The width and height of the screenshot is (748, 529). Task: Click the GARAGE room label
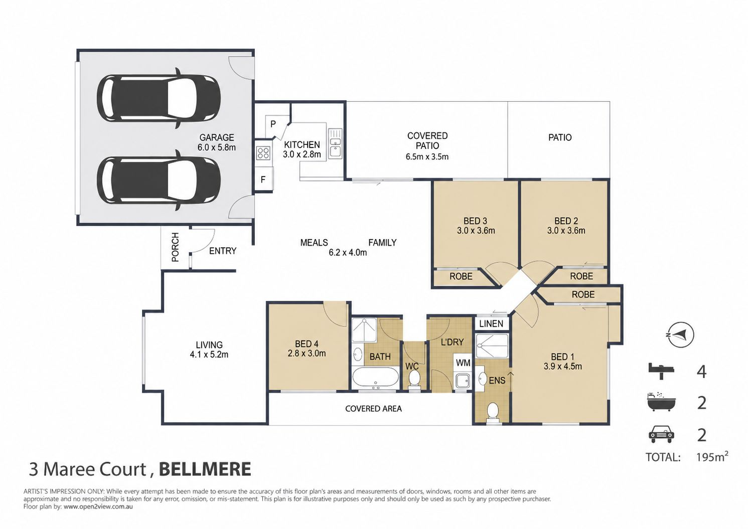point(217,137)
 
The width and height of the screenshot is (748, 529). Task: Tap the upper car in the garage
point(159,98)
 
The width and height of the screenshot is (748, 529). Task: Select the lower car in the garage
point(159,180)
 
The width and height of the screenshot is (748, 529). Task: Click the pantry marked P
point(273,124)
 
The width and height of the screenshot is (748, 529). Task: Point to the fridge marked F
point(263,180)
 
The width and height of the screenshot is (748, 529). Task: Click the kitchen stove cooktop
point(263,153)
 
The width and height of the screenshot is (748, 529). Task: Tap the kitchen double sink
point(335,143)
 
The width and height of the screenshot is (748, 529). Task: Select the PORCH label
point(175,247)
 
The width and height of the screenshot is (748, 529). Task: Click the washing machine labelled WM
point(463,363)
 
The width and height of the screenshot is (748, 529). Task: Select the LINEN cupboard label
point(491,323)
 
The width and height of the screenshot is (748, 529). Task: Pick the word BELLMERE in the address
point(205,469)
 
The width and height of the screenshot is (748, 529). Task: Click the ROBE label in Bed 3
point(461,276)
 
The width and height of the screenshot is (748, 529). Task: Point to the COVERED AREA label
point(373,409)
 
